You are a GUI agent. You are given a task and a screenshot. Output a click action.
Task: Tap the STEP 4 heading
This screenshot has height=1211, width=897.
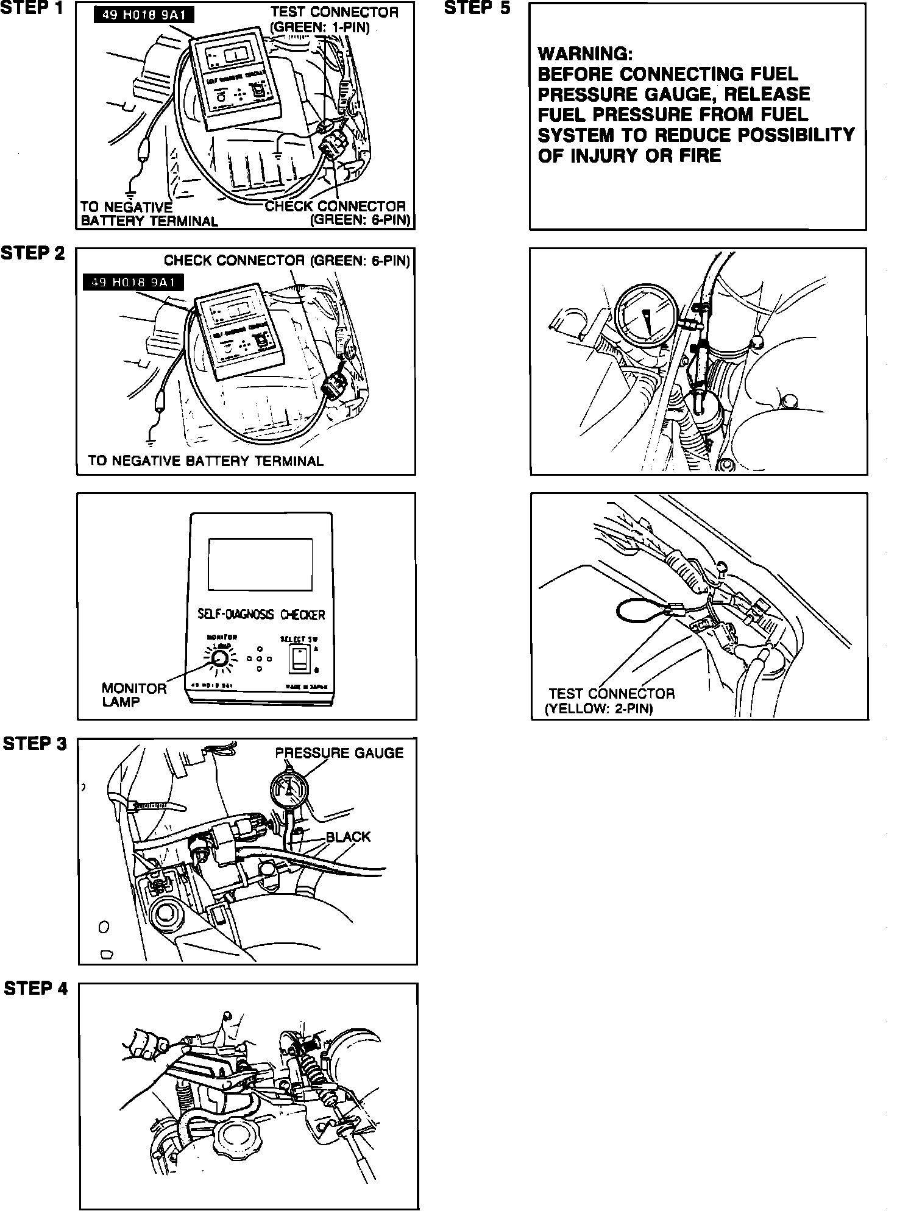[36, 987]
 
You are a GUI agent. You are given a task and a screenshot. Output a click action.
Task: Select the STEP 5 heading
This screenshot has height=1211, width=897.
[477, 9]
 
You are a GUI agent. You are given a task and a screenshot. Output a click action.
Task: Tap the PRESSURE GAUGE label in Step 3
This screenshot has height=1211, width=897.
[339, 753]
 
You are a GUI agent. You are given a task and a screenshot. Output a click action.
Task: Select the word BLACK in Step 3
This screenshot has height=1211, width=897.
[348, 836]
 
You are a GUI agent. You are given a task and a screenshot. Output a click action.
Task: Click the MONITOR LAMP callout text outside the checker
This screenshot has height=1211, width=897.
[133, 695]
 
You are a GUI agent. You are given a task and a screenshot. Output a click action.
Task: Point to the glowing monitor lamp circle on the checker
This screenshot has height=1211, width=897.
[219, 658]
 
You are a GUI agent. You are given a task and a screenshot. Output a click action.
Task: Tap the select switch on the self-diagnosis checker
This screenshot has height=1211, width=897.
[298, 658]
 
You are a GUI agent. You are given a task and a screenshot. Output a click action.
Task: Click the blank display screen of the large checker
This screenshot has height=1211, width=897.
[260, 564]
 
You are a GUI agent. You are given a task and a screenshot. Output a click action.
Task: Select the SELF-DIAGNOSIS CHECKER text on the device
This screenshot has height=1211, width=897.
[261, 614]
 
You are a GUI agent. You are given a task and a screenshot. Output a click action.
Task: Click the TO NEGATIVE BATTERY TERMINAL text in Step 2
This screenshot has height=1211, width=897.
[205, 461]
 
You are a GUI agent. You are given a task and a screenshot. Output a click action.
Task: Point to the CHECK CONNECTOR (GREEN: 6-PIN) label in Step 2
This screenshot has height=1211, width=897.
[286, 261]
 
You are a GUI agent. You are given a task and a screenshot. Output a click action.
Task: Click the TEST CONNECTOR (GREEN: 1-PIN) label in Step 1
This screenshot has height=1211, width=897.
[334, 19]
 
